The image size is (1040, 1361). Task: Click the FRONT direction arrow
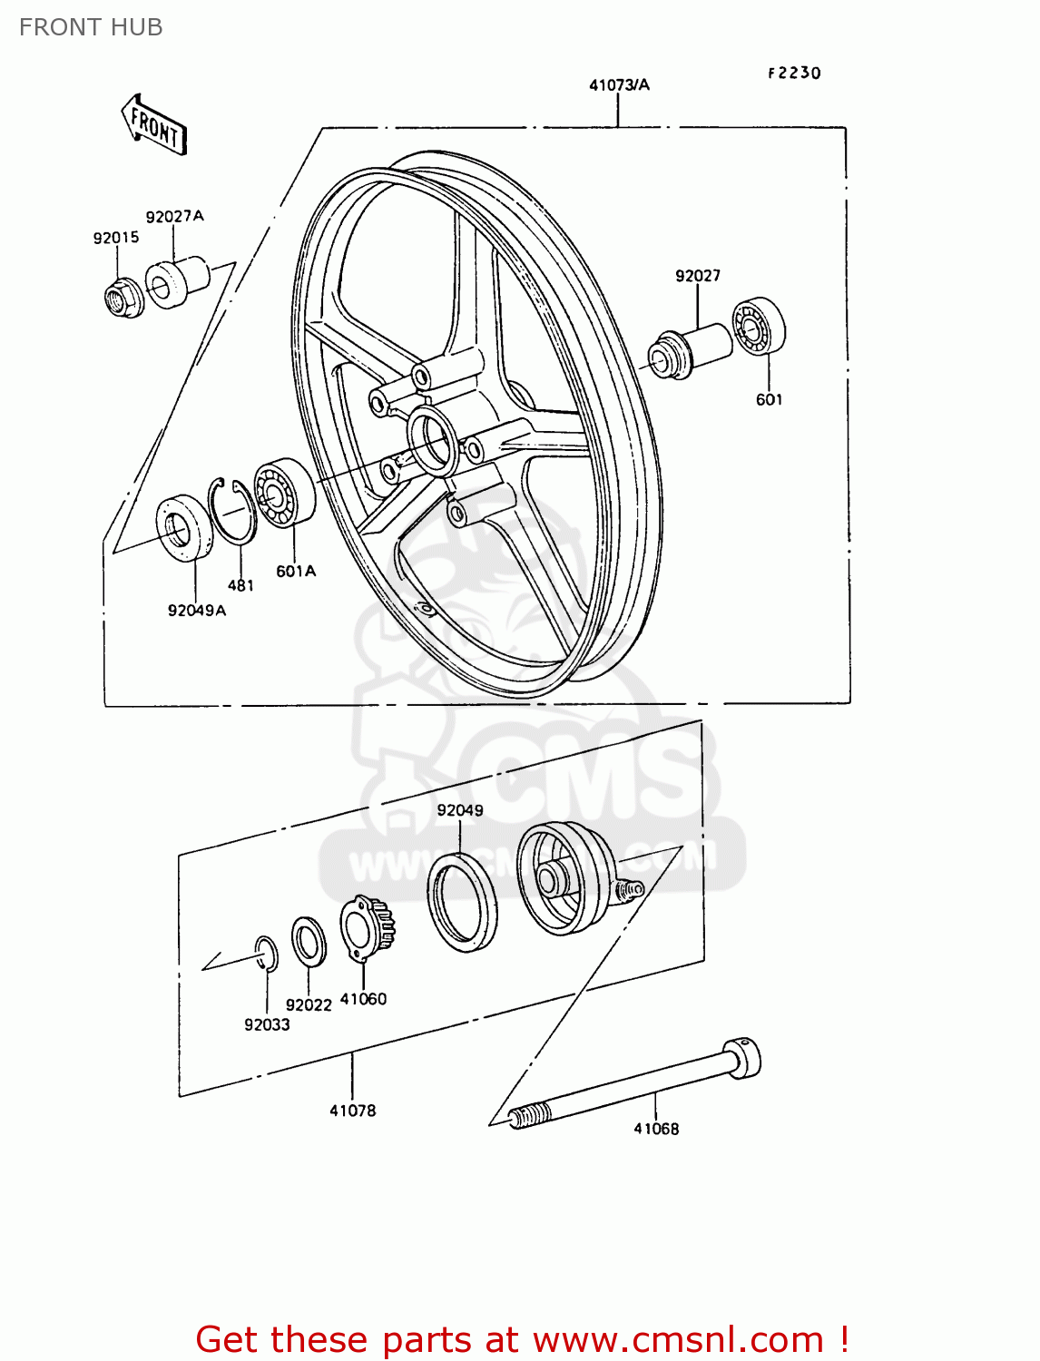154,125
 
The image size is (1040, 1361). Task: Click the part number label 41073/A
619,85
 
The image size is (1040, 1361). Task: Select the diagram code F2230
794,73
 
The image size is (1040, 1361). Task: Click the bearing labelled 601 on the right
759,327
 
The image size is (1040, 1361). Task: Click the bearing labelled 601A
284,493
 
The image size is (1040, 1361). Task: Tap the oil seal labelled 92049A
185,528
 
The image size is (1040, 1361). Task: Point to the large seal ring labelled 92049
463,903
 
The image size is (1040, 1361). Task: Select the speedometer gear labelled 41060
367,928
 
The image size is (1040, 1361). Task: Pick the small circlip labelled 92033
265,955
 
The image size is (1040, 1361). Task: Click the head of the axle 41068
742,1058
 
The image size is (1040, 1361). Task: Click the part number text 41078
352,1111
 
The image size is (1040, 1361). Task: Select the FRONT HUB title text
91,27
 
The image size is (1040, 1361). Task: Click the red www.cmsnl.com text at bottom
677,1339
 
